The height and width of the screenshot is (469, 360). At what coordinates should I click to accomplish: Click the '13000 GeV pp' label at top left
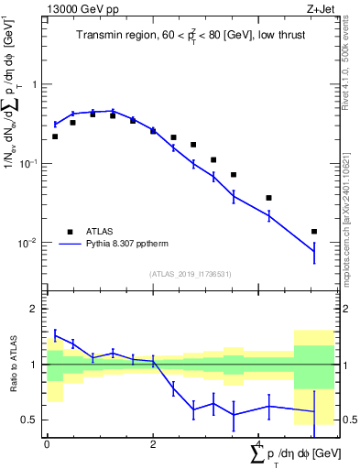pos(78,10)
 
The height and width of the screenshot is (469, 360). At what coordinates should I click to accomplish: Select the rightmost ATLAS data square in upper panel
pos(314,232)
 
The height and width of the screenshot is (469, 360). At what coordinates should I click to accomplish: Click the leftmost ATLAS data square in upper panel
pos(55,136)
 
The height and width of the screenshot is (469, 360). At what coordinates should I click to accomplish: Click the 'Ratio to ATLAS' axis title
pos(12,365)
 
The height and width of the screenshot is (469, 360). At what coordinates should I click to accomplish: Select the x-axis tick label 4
pos(259,443)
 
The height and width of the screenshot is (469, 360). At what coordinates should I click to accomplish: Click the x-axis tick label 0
pos(47,443)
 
